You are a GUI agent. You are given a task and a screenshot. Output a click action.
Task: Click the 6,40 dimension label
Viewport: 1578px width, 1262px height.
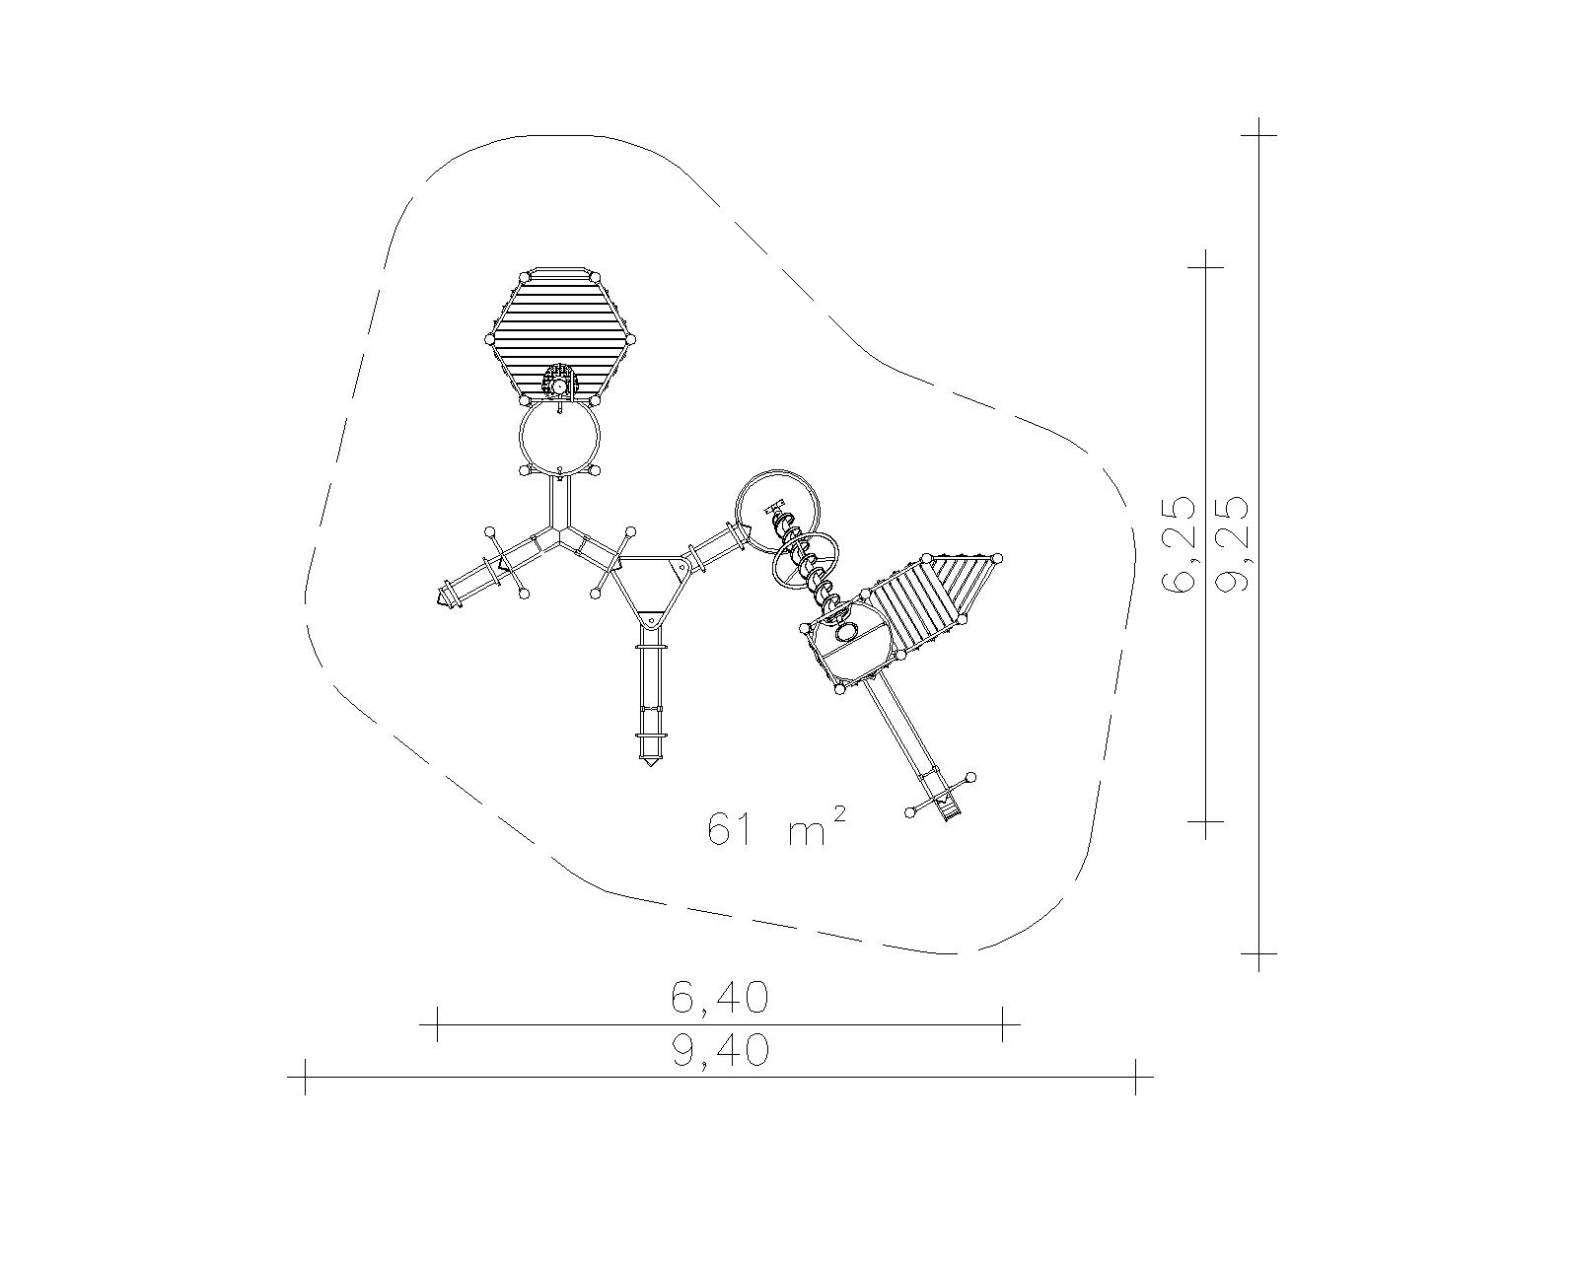click(720, 998)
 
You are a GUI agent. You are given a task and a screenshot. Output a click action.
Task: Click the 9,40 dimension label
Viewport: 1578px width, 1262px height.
click(720, 1050)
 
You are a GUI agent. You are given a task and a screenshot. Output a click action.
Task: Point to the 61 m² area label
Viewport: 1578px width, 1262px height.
click(777, 828)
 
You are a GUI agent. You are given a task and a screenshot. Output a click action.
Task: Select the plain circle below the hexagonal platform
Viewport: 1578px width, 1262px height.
click(559, 437)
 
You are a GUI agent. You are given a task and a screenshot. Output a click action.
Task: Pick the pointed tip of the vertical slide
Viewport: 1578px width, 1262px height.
click(650, 765)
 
